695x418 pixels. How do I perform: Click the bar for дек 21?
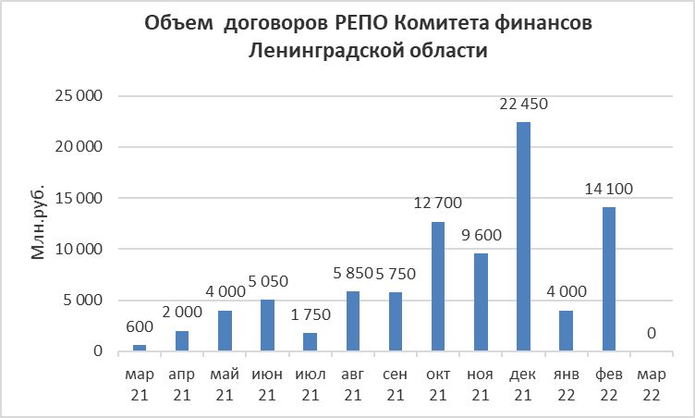[523, 237]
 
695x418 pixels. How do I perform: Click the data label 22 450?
[523, 104]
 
